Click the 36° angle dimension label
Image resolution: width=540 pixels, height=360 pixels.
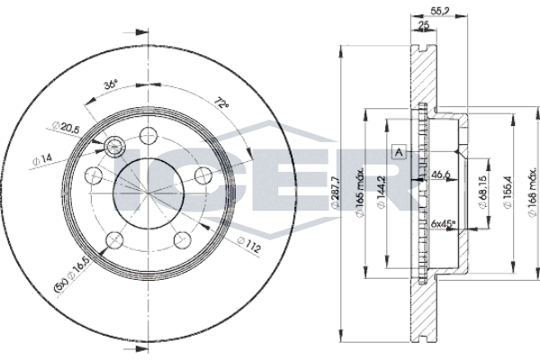point(112,85)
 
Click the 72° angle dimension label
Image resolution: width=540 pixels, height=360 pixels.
point(221,103)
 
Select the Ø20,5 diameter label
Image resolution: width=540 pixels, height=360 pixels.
point(66,127)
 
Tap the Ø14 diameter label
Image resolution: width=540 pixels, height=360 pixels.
point(42,160)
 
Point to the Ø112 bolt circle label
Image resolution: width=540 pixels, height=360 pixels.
point(249,245)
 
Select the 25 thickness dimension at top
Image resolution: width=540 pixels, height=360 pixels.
point(424,25)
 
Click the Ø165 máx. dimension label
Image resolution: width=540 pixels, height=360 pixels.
point(360,193)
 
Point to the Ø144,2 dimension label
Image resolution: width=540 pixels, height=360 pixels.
point(381,193)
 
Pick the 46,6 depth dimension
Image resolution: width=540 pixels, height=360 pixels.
point(440,175)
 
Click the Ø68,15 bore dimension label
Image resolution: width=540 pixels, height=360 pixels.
point(482,193)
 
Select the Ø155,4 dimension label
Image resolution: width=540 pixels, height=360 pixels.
point(508,193)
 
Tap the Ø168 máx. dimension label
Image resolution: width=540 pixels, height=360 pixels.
point(533,193)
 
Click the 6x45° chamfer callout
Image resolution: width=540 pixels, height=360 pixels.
point(443,223)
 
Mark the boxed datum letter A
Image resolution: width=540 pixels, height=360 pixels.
point(399,152)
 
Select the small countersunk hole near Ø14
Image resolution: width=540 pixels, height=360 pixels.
point(115,147)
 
